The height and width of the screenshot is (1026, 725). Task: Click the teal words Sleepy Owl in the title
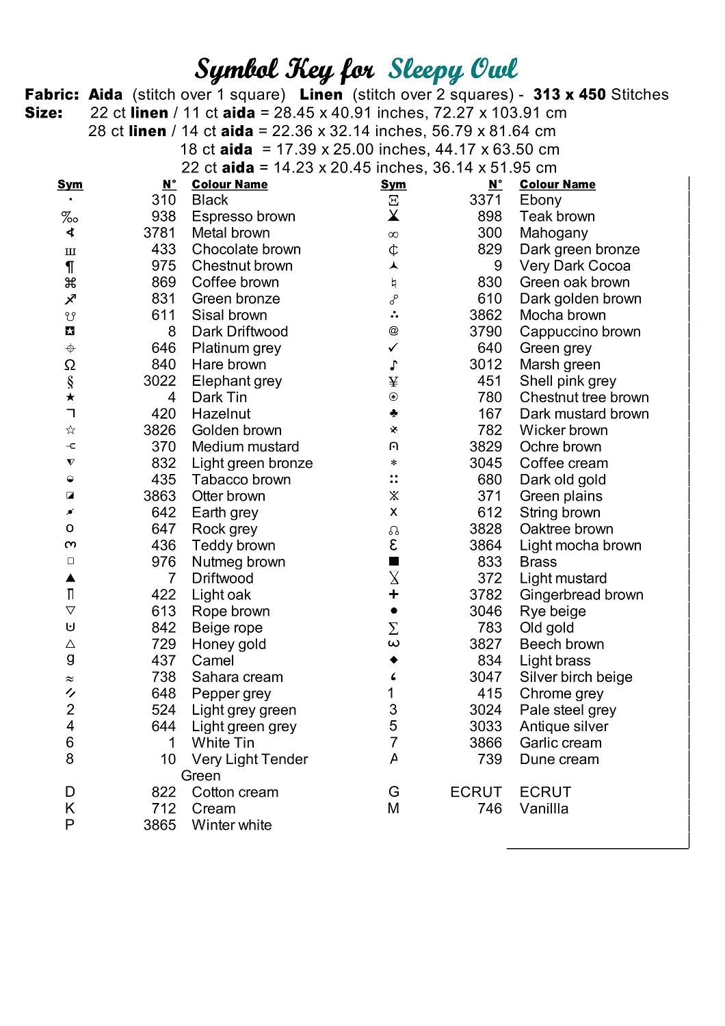(453, 69)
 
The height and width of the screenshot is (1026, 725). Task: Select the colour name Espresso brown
(243, 217)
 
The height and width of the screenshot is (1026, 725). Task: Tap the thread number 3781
(159, 233)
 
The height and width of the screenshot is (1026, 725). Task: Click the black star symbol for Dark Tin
(70, 397)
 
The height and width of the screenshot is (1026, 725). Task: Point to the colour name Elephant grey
(237, 381)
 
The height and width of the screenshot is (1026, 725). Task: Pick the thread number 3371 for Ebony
(485, 200)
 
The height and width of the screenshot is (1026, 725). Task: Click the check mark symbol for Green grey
(393, 348)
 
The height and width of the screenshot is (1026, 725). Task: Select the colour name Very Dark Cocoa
(575, 266)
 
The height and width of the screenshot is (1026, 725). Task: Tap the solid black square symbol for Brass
(394, 562)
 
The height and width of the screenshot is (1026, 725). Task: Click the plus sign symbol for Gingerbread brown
(393, 594)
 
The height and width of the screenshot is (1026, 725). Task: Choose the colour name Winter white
(231, 825)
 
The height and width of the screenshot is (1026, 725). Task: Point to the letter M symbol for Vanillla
(393, 808)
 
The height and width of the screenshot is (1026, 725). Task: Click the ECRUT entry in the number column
(475, 792)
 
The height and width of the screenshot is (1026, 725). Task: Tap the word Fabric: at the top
(52, 94)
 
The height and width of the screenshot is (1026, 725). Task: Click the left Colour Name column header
(229, 185)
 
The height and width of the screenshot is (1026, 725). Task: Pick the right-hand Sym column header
(393, 185)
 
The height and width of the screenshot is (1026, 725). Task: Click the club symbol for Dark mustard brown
(393, 414)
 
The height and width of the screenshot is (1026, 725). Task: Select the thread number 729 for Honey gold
(163, 644)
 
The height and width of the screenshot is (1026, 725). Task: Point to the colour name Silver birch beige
(576, 677)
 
